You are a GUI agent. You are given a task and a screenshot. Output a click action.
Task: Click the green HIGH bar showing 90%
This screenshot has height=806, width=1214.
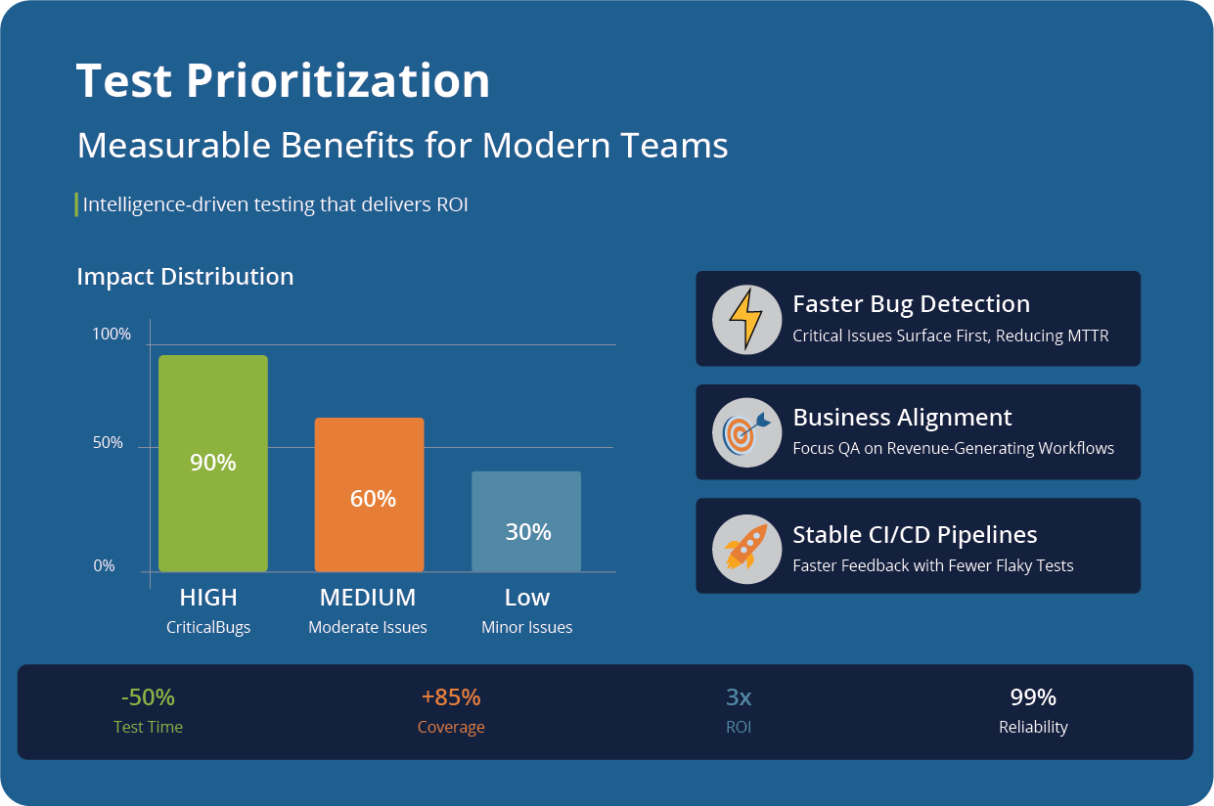pos(212,463)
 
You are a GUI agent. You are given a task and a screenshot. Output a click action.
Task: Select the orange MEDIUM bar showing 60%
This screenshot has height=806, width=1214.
pos(369,494)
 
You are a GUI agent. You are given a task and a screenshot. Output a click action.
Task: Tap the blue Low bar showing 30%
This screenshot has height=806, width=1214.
pos(526,521)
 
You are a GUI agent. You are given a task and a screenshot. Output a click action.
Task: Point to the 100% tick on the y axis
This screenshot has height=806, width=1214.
pos(112,335)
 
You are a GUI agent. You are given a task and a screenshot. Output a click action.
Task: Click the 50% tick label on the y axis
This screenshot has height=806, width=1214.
pos(108,443)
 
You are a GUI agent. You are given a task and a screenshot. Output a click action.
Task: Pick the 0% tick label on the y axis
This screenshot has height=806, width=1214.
pos(104,566)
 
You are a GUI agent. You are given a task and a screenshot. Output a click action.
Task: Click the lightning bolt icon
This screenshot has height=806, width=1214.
pos(746,319)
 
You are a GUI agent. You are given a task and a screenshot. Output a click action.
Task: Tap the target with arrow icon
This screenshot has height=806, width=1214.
pos(746,432)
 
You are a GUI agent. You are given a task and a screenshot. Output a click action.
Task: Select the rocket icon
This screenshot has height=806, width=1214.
pos(746,546)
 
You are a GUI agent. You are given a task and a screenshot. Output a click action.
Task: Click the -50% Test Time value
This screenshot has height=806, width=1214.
pos(148,697)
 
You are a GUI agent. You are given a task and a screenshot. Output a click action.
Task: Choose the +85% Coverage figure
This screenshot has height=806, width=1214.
pos(451,697)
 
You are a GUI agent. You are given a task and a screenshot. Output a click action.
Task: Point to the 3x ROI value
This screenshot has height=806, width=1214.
pos(739,697)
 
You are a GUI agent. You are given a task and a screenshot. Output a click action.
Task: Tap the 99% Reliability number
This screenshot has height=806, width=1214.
pos(1033,697)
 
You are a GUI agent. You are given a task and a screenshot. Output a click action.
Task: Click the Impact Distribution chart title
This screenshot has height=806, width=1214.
pos(185,277)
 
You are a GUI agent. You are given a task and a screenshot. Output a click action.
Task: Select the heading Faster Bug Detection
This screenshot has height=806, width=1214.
pos(911,304)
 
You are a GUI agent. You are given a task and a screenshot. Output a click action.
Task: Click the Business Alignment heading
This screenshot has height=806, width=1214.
pos(902,418)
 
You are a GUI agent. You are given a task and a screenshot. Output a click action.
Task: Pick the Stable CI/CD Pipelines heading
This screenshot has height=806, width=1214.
pos(915,535)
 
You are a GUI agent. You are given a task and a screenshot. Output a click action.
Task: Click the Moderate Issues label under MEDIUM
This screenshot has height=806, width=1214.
pos(368,628)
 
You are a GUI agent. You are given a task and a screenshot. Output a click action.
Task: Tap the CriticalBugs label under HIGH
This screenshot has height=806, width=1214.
pos(208,628)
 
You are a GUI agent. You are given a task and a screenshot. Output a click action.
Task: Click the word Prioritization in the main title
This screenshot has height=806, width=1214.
pos(337,81)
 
